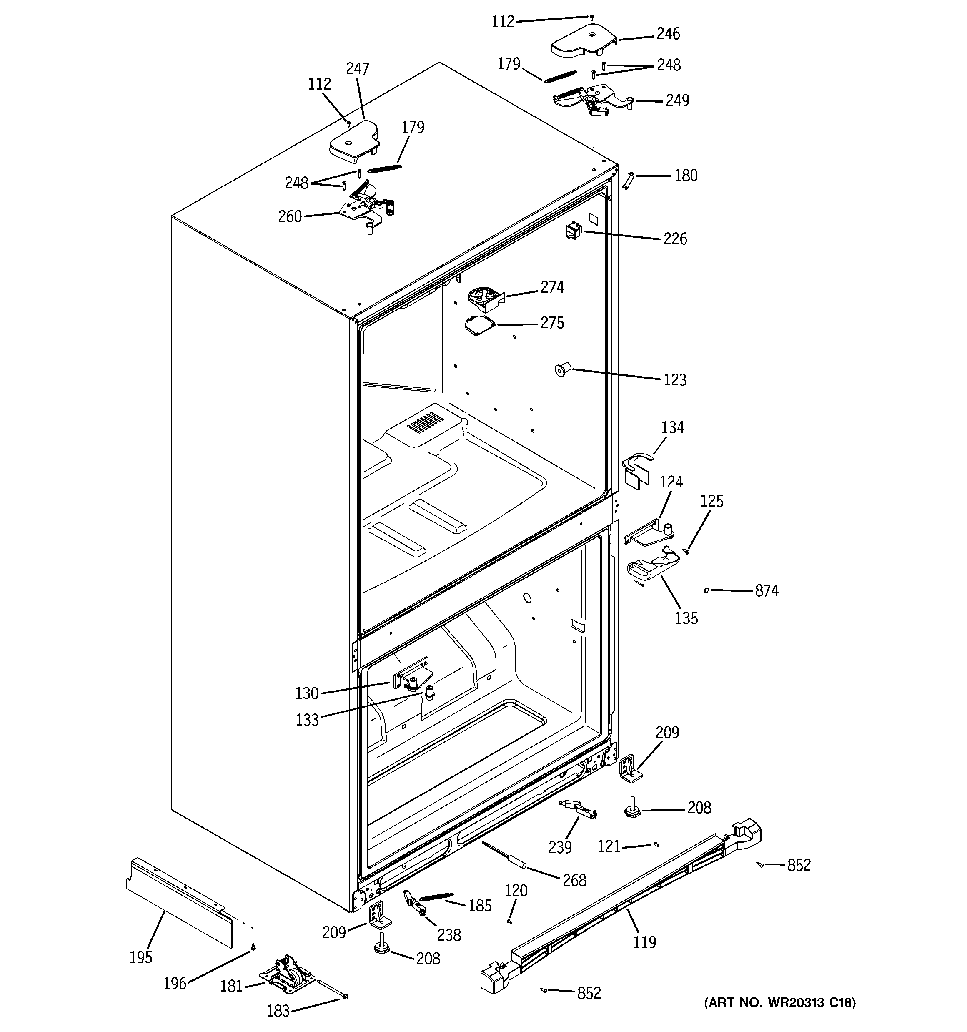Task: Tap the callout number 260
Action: click(290, 216)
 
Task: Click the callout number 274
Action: click(552, 287)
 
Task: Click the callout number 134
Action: click(672, 428)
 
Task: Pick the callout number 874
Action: click(766, 591)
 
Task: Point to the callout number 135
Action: click(686, 618)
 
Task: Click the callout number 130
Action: click(307, 693)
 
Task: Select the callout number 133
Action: click(307, 720)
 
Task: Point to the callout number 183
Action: click(278, 1011)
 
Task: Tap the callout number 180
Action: click(685, 176)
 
